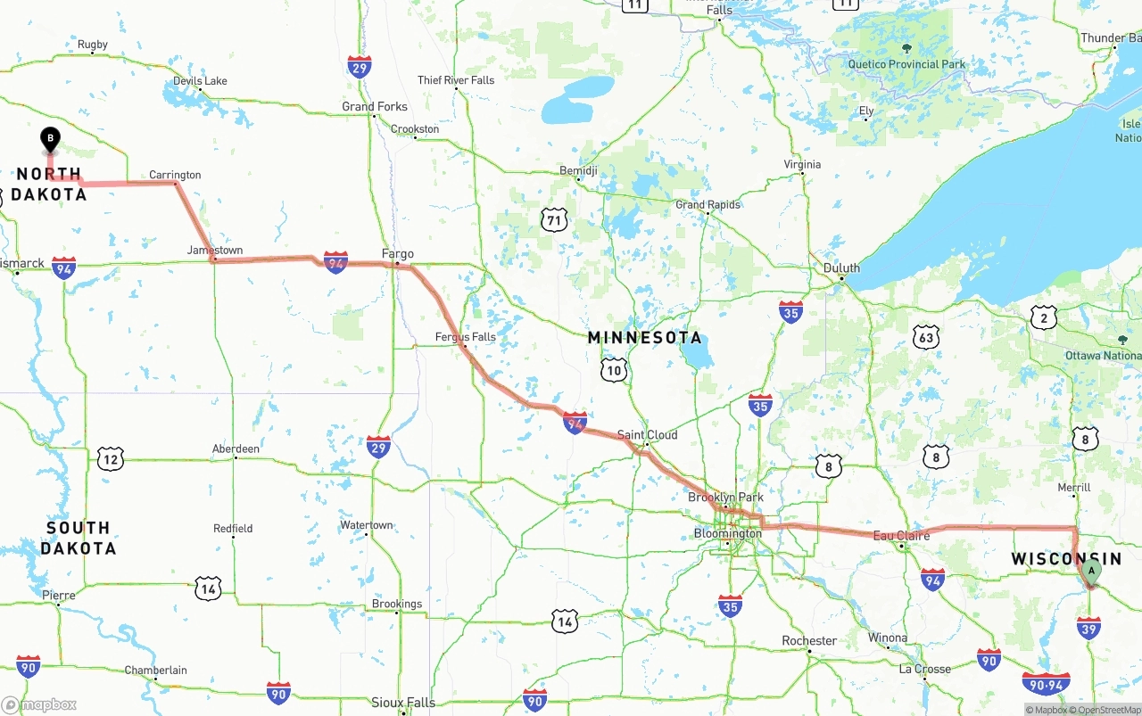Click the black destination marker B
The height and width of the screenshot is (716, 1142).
pos(51,139)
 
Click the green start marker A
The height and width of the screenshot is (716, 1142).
pos(1090,572)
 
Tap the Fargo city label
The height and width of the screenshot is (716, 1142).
pos(398,254)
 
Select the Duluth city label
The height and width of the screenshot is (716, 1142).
pos(841,267)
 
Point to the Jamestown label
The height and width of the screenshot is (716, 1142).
pos(215,251)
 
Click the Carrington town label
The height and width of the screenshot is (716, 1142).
pos(175,175)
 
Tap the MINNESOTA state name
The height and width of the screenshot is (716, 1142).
pos(645,338)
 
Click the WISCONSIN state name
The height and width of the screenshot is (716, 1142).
pos(1066,559)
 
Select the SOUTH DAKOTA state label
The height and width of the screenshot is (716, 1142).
pos(78,538)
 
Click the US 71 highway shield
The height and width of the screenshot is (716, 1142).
pos(554,219)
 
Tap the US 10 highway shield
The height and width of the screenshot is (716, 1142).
pos(614,370)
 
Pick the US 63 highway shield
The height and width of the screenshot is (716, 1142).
pos(927,337)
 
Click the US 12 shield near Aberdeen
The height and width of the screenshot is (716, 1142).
pos(111,459)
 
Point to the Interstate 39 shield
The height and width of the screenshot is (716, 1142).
pos(1088,629)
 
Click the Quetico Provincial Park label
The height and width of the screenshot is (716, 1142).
pos(906,64)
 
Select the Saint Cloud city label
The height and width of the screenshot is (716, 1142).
pos(648,435)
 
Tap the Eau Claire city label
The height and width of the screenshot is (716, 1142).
pos(901,536)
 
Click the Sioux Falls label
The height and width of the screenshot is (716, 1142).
pos(403,703)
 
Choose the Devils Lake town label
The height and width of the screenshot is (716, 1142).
pos(200,81)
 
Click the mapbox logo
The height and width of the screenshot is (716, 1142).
pos(39,704)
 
